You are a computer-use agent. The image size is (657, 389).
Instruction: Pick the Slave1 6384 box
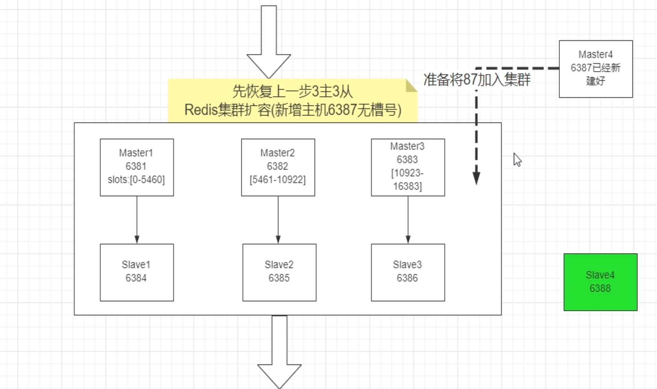point(137,272)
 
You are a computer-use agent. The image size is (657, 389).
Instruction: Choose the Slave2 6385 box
point(279,272)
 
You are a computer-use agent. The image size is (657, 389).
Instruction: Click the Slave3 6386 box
point(407,272)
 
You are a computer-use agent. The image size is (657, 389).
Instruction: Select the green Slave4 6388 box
point(600,282)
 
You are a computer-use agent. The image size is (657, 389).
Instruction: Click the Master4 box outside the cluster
point(595,69)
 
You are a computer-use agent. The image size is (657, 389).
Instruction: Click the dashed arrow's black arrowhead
point(476,178)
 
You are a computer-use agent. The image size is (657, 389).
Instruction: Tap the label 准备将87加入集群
point(476,80)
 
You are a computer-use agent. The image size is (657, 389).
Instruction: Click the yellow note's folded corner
point(411,86)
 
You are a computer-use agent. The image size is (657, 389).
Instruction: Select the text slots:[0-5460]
point(136,180)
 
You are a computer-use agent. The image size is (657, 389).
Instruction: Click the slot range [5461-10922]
point(278,180)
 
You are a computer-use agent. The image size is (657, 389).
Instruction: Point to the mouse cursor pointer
point(517,160)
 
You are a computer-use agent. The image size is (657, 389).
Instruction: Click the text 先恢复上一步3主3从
point(292,92)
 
